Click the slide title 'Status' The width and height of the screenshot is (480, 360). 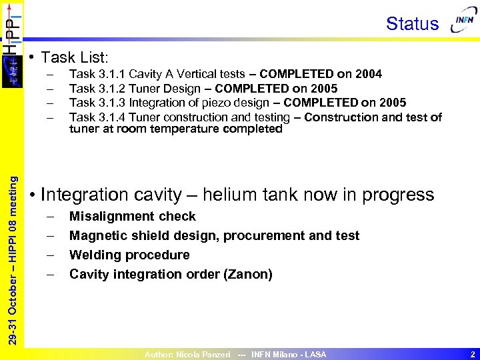pos(412,24)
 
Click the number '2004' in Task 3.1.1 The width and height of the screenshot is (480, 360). pos(369,74)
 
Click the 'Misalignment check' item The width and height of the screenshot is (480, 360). pos(133,216)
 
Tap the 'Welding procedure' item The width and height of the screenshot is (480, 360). pos(129,255)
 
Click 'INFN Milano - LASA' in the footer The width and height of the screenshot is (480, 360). pos(289,355)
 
